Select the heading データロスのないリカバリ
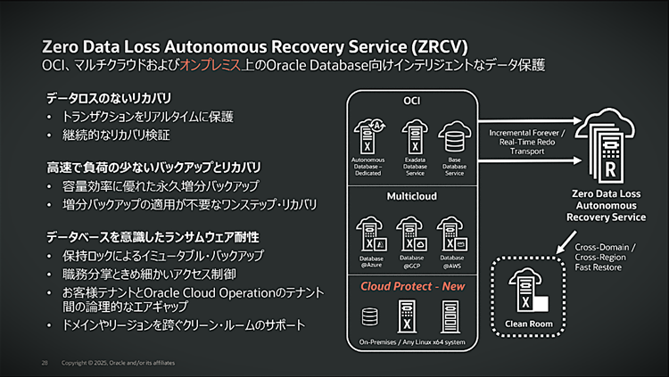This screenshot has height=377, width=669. pos(109,96)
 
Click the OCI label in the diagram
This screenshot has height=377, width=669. pos(411,100)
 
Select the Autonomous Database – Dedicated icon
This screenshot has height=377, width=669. pos(368,135)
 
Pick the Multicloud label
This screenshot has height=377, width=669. pos(411,195)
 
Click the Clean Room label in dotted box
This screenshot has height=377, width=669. pos(528,323)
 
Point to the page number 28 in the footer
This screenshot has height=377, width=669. pos(45,364)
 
